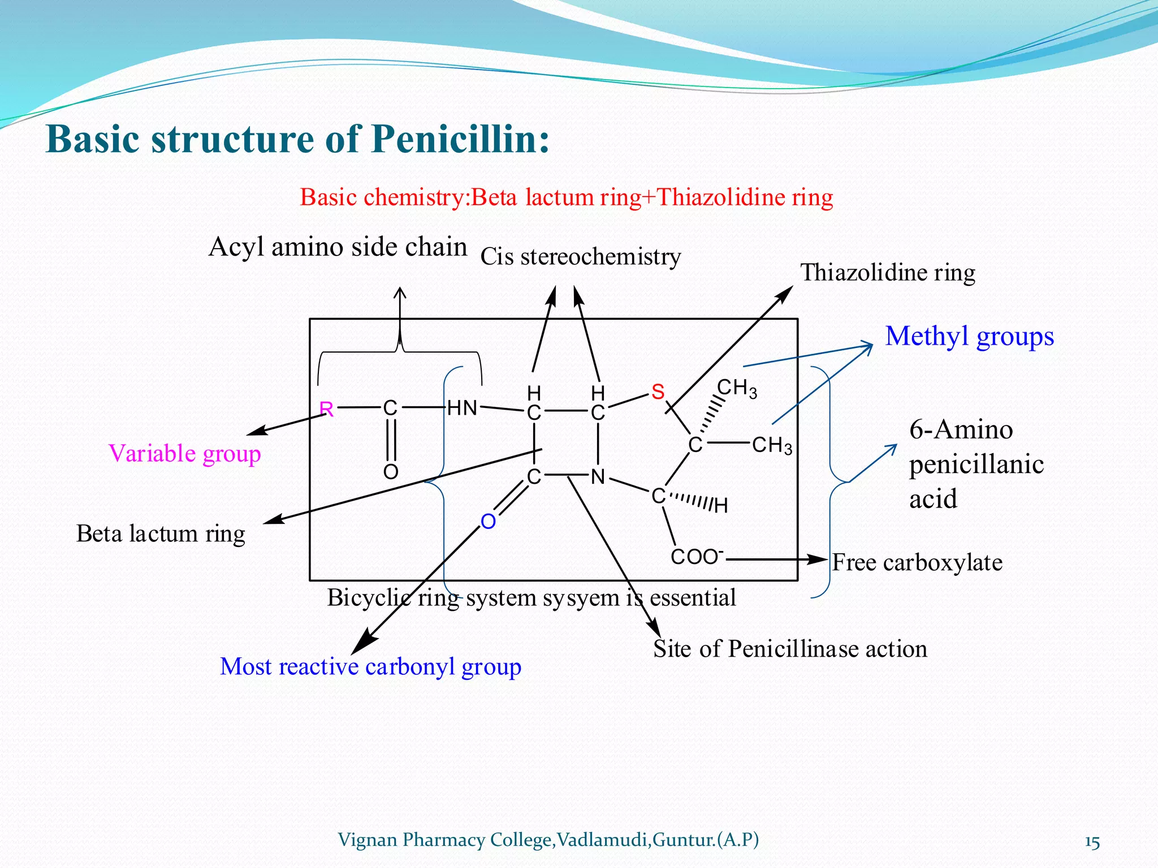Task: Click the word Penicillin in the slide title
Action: click(x=460, y=139)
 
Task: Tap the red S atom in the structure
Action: click(x=658, y=392)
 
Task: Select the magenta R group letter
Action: click(x=327, y=409)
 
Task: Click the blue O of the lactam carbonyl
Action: click(x=489, y=522)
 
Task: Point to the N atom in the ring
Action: click(x=598, y=478)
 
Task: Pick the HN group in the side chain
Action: click(x=463, y=408)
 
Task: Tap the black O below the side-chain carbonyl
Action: click(x=391, y=472)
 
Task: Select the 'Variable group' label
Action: click(x=184, y=454)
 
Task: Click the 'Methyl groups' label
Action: click(x=969, y=336)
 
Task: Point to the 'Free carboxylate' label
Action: click(x=917, y=563)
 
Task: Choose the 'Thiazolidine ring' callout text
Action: click(x=887, y=273)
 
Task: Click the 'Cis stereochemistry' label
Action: click(x=581, y=257)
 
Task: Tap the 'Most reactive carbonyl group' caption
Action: click(x=370, y=667)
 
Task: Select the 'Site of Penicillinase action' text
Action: click(x=790, y=649)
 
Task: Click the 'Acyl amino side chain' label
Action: click(x=338, y=248)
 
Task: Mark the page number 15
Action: click(x=1092, y=842)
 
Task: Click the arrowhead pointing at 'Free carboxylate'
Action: click(x=818, y=559)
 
